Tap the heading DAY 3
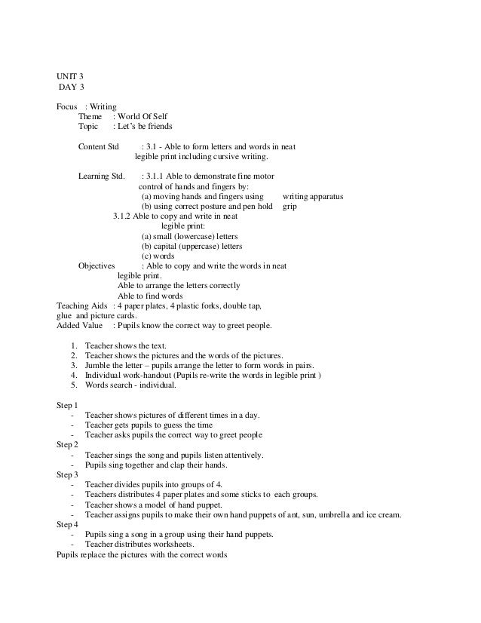(x=73, y=91)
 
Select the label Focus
(x=67, y=107)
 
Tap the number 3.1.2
(x=122, y=216)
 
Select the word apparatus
(x=326, y=196)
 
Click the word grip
(x=290, y=206)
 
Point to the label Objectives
(x=97, y=265)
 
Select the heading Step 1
(x=67, y=405)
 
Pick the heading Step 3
(x=67, y=475)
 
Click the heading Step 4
(x=67, y=524)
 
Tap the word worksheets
(x=171, y=545)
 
